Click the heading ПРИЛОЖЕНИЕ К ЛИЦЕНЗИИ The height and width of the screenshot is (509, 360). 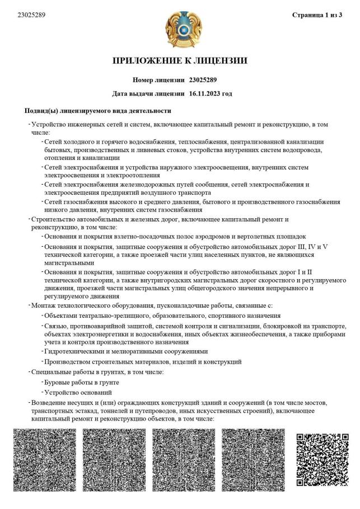click(180, 60)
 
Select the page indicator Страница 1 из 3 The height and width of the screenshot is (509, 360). click(317, 15)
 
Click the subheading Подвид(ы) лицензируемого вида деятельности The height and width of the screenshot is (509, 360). click(98, 111)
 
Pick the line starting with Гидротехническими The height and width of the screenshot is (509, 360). click(126, 351)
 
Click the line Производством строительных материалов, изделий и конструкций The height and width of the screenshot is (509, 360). click(143, 361)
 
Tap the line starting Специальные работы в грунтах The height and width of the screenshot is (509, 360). click(97, 372)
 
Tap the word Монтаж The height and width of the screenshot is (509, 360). click(45, 305)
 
